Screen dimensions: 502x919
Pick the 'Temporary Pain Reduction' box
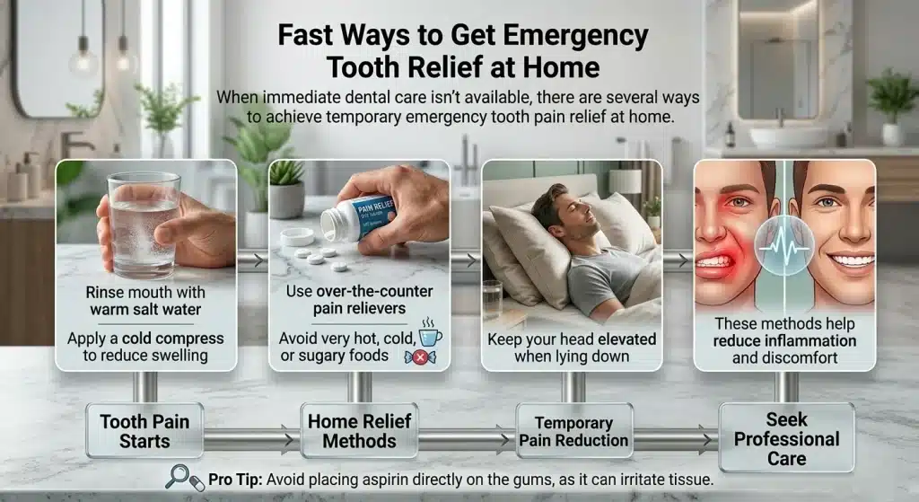pyautogui.click(x=573, y=432)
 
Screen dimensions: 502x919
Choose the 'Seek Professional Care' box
pyautogui.click(x=786, y=439)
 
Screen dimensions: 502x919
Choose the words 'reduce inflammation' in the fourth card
pyautogui.click(x=785, y=340)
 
